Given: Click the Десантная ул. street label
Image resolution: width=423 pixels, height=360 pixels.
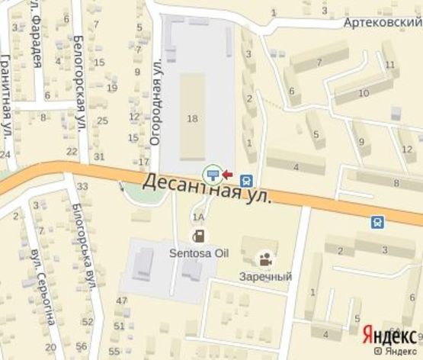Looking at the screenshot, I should click(x=207, y=188).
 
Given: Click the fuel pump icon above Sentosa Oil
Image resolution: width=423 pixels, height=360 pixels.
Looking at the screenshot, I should click(x=198, y=234).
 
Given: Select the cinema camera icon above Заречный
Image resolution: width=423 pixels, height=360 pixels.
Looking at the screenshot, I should click(x=264, y=259).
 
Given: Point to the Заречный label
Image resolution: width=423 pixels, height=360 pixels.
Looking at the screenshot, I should click(x=264, y=276).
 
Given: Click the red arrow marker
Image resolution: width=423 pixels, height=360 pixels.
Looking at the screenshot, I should click(x=227, y=174).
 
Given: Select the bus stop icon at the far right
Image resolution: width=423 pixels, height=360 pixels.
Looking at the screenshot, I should click(x=378, y=222).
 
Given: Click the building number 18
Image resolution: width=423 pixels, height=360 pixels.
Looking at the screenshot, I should click(x=192, y=117).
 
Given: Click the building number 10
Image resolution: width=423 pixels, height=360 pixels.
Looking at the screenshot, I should click(x=364, y=93).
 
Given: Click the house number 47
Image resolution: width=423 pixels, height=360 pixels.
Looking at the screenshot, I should click(x=120, y=301).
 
